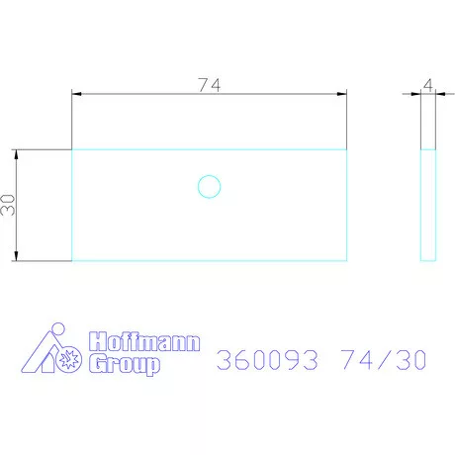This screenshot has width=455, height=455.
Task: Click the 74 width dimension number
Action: click(209, 85)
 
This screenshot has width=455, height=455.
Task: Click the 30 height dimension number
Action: click(8, 206)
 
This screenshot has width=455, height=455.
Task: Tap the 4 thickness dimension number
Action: click(427, 86)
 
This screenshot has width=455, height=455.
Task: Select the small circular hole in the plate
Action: click(209, 186)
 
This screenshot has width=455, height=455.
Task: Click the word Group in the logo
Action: click(125, 365)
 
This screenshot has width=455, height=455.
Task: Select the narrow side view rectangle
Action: click(428, 205)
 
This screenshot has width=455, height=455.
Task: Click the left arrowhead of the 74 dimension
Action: click(76, 94)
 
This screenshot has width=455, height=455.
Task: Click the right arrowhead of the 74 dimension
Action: click(342, 94)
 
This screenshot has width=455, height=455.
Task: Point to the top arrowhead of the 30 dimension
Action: click(17, 154)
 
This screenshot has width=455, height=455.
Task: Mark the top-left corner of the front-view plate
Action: click(72, 149)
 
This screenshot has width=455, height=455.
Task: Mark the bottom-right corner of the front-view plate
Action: click(347, 261)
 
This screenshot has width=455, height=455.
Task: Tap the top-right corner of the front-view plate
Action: click(347, 149)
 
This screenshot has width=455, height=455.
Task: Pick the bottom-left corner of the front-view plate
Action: click(72, 261)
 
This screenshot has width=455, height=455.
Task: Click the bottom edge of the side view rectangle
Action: click(428, 261)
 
